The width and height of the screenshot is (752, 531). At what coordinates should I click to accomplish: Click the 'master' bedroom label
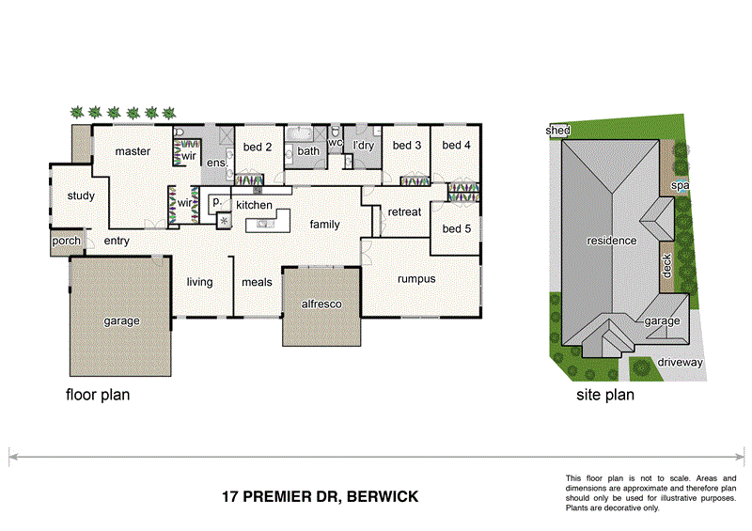[133, 151]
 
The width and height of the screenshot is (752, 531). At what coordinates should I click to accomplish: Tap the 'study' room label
[81, 195]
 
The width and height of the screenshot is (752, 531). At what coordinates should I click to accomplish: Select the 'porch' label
[66, 241]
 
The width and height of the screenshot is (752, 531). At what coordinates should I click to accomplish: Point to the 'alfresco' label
[321, 305]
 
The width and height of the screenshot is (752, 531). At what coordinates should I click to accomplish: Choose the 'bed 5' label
[456, 228]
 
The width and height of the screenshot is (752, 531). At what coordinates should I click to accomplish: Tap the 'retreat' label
[404, 212]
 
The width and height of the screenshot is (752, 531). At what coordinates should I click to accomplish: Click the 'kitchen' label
[254, 205]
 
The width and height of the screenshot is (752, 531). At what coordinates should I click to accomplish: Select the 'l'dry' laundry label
[363, 146]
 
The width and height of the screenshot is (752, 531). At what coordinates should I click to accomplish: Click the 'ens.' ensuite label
[217, 164]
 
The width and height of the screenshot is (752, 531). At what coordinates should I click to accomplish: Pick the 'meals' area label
[257, 282]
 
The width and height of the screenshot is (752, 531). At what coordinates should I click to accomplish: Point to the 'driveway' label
[681, 362]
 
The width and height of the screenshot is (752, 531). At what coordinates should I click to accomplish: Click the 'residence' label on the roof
[612, 241]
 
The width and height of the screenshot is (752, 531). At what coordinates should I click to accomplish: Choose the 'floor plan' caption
[97, 395]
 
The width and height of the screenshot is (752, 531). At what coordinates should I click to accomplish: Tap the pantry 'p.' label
[216, 201]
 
